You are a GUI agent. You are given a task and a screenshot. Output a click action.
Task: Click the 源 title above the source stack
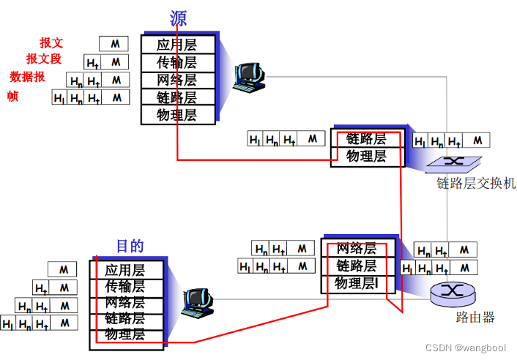[179, 18]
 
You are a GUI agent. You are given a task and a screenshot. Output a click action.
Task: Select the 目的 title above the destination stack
[130, 246]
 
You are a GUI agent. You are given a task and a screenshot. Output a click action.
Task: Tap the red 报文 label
[51, 43]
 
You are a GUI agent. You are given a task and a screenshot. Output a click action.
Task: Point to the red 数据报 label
[28, 77]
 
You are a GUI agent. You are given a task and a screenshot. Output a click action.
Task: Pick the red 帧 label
[12, 96]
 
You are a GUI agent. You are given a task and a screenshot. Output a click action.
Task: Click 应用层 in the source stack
[177, 45]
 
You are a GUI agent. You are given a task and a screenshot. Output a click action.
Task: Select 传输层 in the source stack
[177, 62]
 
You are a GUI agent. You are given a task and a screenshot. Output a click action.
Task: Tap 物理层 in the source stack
[177, 114]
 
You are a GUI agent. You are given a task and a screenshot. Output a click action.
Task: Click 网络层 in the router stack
[356, 249]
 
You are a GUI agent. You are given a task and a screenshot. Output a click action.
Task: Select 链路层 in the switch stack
[366, 139]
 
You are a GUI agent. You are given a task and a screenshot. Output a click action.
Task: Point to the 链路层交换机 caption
[476, 184]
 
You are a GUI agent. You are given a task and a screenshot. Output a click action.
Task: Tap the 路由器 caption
[475, 318]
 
